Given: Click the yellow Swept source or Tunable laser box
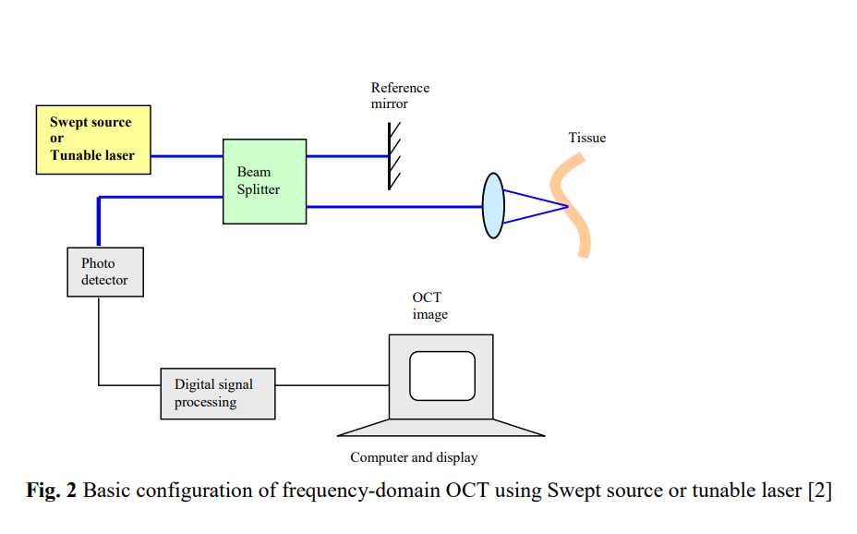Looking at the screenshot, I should click(92, 140).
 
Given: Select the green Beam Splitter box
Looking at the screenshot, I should click(264, 181).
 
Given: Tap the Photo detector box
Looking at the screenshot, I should click(105, 272).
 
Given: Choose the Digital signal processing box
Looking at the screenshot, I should click(217, 394).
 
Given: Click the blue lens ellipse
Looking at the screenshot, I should click(493, 205).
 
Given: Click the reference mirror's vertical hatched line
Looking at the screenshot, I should click(390, 156).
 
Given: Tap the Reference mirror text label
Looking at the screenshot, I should click(400, 96).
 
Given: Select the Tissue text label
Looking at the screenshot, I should click(586, 138).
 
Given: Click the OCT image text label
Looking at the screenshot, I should click(429, 306).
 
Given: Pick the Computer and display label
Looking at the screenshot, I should click(414, 457).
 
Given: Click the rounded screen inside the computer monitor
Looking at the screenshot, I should click(441, 376).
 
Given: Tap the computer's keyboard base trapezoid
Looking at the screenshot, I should click(441, 427).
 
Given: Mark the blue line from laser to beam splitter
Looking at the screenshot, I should click(187, 156).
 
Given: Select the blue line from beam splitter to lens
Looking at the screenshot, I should click(393, 206).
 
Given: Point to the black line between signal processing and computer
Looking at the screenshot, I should click(332, 384).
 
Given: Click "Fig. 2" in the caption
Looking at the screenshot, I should click(52, 491).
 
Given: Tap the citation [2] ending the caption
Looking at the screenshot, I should click(819, 491).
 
